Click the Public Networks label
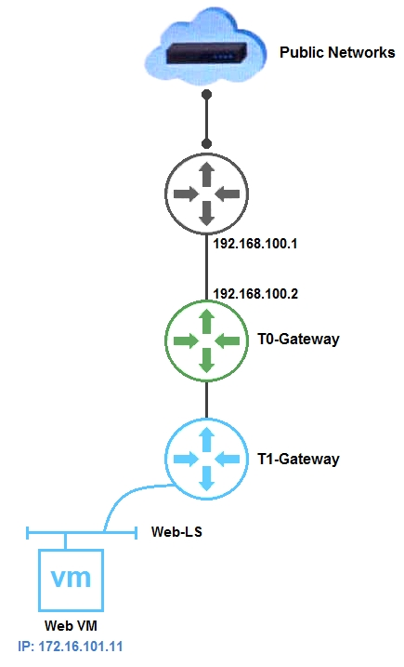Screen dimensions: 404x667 point(337,52)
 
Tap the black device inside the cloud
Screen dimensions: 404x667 point(206,53)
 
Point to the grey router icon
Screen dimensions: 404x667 point(206,194)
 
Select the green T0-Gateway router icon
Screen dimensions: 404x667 point(206,340)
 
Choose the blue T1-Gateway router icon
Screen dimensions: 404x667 point(206,459)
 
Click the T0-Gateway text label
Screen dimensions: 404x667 point(298,339)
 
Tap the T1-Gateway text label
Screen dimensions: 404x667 point(298,459)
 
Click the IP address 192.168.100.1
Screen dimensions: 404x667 point(254,244)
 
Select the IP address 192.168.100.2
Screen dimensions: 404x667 point(255,294)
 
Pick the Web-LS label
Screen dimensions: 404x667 point(176,531)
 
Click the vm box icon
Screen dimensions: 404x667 point(71,580)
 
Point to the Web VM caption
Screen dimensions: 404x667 point(71,626)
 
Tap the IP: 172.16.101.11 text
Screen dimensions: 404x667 point(70,647)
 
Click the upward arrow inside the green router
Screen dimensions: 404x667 point(206,321)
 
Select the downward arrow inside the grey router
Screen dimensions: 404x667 point(206,213)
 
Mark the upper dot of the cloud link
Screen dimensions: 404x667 point(206,95)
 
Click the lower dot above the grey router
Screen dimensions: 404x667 point(206,143)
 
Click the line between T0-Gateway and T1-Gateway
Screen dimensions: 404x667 point(206,400)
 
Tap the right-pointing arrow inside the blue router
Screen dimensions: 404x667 point(186,459)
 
